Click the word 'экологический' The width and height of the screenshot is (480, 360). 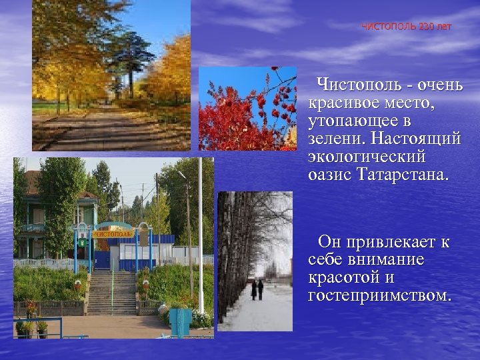[367, 159]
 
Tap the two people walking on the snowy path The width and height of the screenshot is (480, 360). [257, 289]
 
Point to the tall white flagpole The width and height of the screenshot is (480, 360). [200, 233]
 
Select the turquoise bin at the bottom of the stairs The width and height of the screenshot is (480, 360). [179, 321]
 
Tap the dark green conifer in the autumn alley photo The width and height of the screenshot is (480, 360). [130, 57]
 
